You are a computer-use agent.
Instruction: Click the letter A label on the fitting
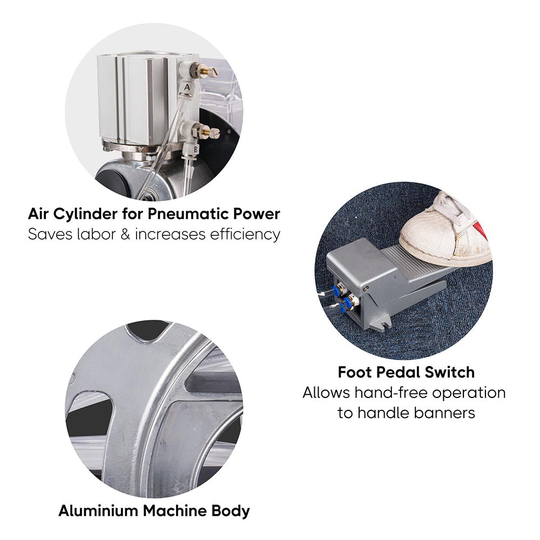pyautogui.click(x=187, y=87)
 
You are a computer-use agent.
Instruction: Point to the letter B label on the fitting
pyautogui.click(x=195, y=149)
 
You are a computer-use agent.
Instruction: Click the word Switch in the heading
pyautogui.click(x=450, y=372)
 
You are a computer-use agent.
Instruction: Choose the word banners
pyautogui.click(x=444, y=413)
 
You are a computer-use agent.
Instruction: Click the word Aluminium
pyautogui.click(x=98, y=510)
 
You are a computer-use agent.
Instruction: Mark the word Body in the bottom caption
pyautogui.click(x=231, y=511)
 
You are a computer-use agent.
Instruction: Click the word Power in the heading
pyautogui.click(x=256, y=214)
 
